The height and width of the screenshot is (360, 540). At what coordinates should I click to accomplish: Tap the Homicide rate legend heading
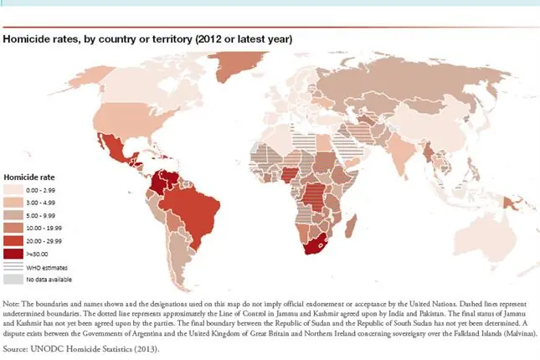[30, 177]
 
